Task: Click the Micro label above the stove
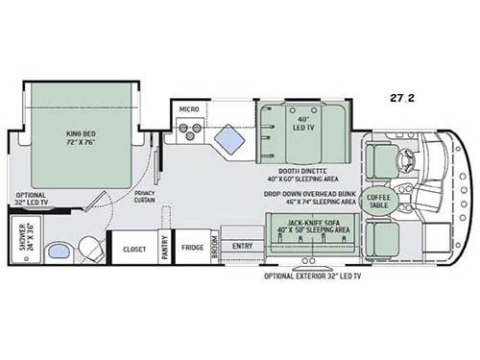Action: (x=188, y=110)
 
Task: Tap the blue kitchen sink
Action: (x=229, y=141)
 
